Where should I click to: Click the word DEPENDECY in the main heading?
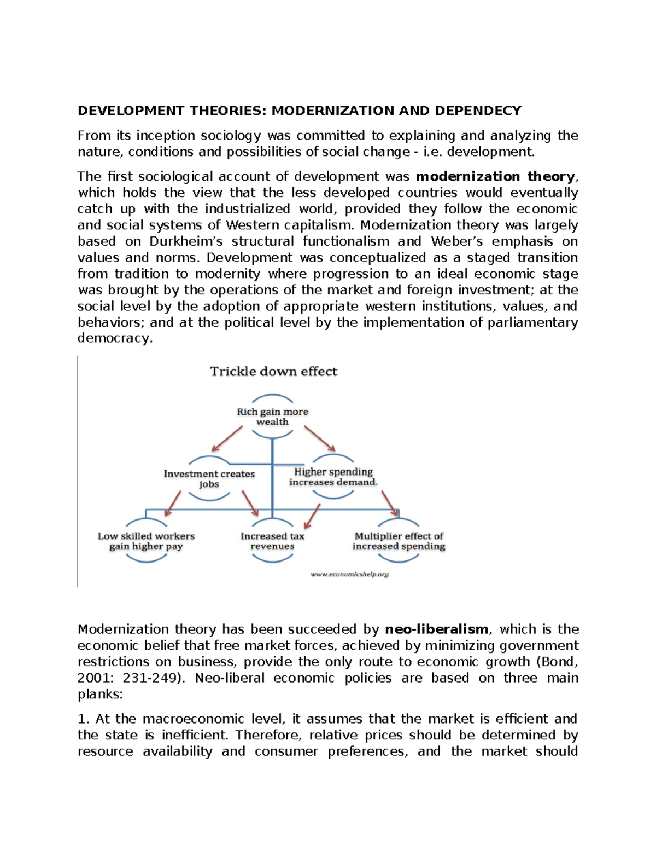click(x=478, y=111)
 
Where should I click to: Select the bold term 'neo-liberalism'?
click(x=436, y=629)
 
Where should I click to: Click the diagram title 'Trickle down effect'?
click(x=274, y=372)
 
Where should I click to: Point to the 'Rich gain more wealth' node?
click(x=272, y=417)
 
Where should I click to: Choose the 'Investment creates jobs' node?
click(x=209, y=479)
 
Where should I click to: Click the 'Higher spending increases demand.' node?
click(x=333, y=477)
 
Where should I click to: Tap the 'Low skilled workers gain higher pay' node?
click(x=146, y=541)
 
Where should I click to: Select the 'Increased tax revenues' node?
click(x=272, y=541)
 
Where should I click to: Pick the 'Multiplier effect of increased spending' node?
click(x=399, y=541)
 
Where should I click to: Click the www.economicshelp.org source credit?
click(x=349, y=574)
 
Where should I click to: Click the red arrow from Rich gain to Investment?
click(x=227, y=438)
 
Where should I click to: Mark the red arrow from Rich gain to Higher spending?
click(x=320, y=438)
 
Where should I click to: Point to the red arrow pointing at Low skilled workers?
click(x=173, y=503)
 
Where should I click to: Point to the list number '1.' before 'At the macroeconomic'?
click(x=83, y=719)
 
